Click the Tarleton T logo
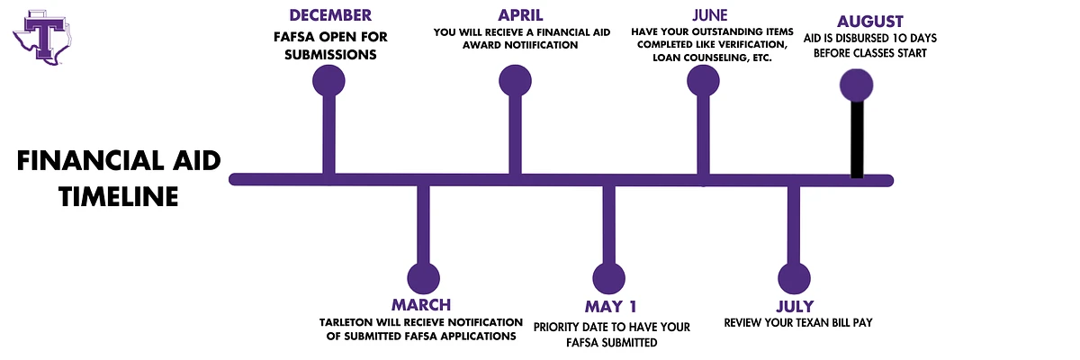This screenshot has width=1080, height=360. tap(42, 38)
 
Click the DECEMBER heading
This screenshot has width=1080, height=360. tap(330, 15)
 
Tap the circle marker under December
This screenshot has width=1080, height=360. tap(328, 81)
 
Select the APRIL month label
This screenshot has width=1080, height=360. tap(520, 15)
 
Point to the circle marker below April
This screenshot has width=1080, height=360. tap(515, 81)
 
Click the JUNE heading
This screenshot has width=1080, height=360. tap(710, 15)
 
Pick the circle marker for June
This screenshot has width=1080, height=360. tap(703, 81)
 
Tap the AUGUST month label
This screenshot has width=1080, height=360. tap(869, 22)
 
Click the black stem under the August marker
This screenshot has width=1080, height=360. tap(857, 139)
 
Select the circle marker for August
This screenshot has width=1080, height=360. tap(856, 85)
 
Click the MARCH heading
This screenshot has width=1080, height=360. tap(421, 305)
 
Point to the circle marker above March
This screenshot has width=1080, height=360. tap(423, 279)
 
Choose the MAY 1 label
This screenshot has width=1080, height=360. tap(611, 307)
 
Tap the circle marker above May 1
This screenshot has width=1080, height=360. tap(609, 279)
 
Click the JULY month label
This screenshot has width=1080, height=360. tap(795, 307)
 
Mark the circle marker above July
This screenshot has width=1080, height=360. tap(794, 279)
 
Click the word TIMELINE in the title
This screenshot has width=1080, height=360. tap(119, 196)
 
